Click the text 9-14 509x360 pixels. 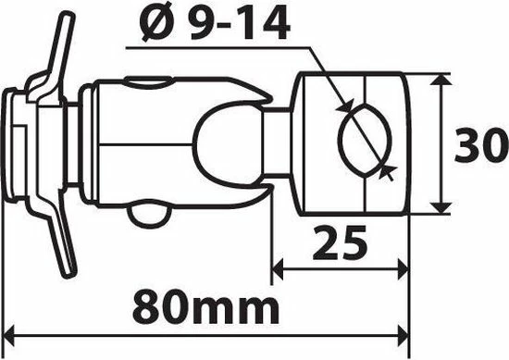[239, 23]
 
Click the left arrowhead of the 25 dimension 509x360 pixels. [278, 269]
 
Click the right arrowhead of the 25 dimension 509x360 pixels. [403, 269]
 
